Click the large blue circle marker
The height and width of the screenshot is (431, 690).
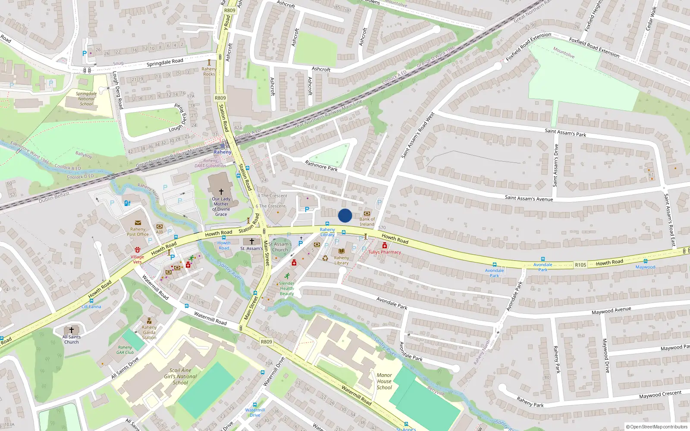coord(345,215)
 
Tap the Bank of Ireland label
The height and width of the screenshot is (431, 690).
coord(367,222)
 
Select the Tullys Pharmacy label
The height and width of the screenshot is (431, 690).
coord(385,252)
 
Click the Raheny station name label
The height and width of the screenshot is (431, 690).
coord(223,152)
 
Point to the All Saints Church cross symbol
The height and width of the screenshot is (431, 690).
coord(72,330)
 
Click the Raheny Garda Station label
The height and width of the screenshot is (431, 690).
coord(149,332)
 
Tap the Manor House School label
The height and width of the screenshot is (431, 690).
coord(384,381)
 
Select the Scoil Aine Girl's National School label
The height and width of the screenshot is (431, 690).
coord(180,376)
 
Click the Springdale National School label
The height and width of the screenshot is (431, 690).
coord(86,99)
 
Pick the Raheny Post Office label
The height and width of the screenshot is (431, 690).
coord(138,232)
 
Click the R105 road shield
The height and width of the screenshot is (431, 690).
coord(580,265)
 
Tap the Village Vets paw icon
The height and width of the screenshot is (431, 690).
coord(138,250)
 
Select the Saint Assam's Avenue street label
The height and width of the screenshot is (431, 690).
coord(529,198)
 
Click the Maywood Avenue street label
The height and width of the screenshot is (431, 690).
coord(611,310)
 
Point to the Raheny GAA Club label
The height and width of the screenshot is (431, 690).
coord(125,350)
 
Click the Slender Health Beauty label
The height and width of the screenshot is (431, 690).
coord(287,288)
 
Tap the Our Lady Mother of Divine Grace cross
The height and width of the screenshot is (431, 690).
coord(221,191)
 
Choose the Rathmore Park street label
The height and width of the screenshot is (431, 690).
coord(321,166)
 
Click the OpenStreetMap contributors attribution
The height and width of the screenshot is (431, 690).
coord(656,427)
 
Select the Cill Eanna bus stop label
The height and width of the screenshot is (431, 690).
coord(91,307)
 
